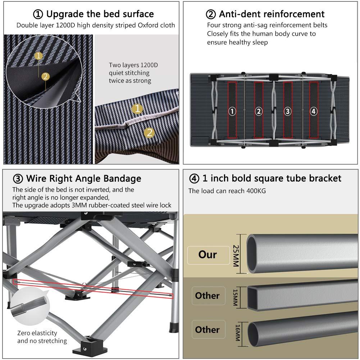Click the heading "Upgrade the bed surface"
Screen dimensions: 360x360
click(x=94, y=14)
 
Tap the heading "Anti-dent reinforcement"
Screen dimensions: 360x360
click(x=265, y=14)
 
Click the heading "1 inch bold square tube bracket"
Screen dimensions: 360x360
click(x=265, y=178)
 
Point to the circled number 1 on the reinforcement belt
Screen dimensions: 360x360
click(x=232, y=111)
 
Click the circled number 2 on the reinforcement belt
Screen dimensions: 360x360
click(x=259, y=111)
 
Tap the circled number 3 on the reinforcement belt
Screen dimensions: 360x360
click(x=287, y=111)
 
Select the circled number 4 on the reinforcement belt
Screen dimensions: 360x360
click(x=314, y=111)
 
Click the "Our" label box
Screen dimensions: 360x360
click(x=208, y=255)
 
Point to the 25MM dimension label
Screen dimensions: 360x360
click(x=236, y=255)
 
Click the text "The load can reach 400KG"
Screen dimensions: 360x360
click(x=227, y=191)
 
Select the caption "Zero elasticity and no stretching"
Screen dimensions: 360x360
click(x=42, y=337)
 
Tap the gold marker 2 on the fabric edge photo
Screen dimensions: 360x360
click(x=150, y=132)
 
